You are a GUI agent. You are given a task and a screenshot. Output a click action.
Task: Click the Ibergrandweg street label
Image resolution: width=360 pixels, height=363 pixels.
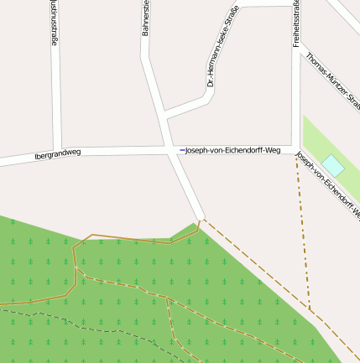pos(58,155)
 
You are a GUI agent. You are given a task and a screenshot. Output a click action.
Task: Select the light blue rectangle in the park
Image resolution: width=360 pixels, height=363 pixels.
pos(333,165)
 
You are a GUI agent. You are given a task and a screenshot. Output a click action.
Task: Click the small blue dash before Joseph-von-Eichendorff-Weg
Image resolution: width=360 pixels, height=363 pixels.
pos(181,150)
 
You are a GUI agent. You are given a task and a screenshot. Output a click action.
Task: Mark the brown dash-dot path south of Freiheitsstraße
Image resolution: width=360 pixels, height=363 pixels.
pos(304,235)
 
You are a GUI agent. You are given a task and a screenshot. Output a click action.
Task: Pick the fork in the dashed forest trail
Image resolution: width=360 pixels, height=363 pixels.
pos(168,297)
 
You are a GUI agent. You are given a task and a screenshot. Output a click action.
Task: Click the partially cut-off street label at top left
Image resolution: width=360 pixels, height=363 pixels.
pos(55,25)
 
